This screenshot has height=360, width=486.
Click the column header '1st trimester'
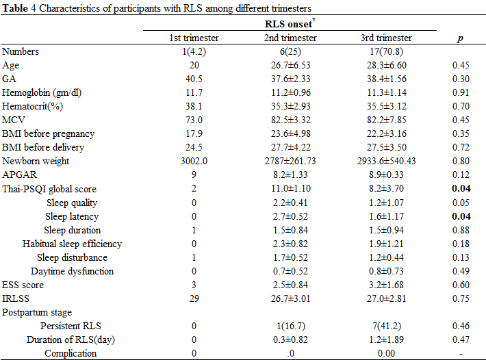[194, 38]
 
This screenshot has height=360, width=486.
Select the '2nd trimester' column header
[290, 38]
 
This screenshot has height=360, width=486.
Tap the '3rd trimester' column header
[386, 38]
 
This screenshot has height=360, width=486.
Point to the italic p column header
[461, 39]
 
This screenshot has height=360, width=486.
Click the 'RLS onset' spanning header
[288, 24]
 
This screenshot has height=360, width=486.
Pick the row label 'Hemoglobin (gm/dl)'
[42, 92]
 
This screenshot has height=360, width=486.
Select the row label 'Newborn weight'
[36, 161]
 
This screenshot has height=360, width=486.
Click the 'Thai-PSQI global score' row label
[49, 189]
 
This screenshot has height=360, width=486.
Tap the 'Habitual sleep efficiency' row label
[73, 244]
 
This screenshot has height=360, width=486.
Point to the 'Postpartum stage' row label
[37, 312]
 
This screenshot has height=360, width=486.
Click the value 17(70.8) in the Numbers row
[387, 51]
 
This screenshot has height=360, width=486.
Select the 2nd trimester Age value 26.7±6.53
[291, 66]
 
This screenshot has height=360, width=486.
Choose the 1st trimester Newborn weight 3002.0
[194, 161]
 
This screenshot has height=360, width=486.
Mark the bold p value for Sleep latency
[461, 216]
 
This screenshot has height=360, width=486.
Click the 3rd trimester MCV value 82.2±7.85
[387, 120]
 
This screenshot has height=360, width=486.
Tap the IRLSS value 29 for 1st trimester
[194, 298]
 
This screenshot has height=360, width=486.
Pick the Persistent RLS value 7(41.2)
[387, 326]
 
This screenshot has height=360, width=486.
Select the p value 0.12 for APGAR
[461, 175]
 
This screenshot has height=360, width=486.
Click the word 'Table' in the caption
[15, 8]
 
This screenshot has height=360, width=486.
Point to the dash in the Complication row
[461, 353]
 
